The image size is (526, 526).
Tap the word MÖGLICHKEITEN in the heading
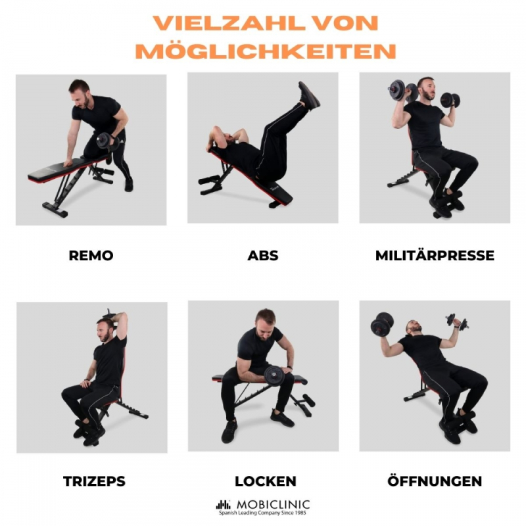coord(266,51)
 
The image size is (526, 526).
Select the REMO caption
coord(91,256)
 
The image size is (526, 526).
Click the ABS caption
coord(262,256)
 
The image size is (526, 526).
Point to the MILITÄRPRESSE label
coord(435,255)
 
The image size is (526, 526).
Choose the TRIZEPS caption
coord(94,481)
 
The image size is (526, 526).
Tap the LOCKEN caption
coord(266,481)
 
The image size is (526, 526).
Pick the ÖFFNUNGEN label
coord(435,481)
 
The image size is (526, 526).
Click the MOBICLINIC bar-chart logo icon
coord(223,504)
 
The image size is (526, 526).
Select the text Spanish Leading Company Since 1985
coord(262,513)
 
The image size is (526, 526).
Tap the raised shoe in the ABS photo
coord(309,95)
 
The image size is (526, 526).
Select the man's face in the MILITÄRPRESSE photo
coord(427,90)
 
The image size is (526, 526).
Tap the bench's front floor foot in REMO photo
coord(55,210)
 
